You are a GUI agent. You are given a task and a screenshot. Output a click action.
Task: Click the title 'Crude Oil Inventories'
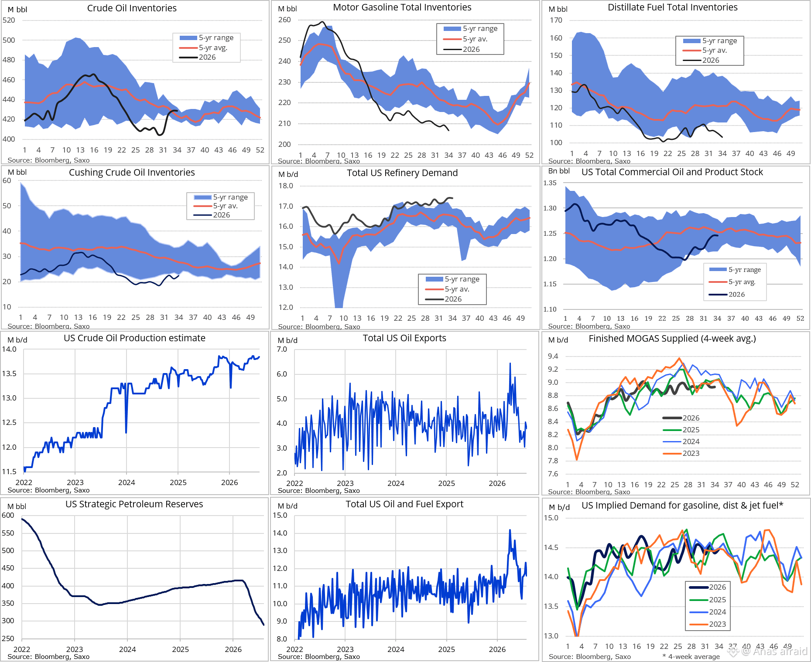[132, 8]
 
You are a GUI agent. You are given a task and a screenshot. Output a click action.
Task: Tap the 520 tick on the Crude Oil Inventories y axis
[9, 20]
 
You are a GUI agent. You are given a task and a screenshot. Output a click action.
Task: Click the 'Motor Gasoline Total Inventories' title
[402, 7]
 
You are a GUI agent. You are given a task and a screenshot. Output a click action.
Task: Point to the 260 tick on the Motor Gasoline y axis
[284, 20]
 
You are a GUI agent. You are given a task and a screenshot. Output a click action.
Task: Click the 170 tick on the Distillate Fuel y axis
[556, 20]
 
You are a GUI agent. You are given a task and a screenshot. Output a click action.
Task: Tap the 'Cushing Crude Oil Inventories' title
[132, 173]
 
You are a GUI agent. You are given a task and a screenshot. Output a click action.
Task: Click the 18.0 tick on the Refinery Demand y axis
[286, 186]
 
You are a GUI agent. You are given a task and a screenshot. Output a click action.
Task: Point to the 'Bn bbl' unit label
[559, 171]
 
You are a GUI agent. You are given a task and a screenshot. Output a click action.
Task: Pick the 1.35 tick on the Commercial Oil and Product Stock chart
[550, 183]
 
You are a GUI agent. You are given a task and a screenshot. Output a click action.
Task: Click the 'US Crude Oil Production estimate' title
[134, 338]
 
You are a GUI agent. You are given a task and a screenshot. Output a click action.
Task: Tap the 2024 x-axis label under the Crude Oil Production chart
[127, 482]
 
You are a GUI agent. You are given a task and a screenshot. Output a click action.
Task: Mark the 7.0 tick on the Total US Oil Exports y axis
[282, 349]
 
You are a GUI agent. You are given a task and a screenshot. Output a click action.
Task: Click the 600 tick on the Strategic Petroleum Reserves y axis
[8, 515]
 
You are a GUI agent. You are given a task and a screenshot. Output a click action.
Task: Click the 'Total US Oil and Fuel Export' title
[404, 504]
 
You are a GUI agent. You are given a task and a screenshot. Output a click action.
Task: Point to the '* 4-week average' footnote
[691, 656]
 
